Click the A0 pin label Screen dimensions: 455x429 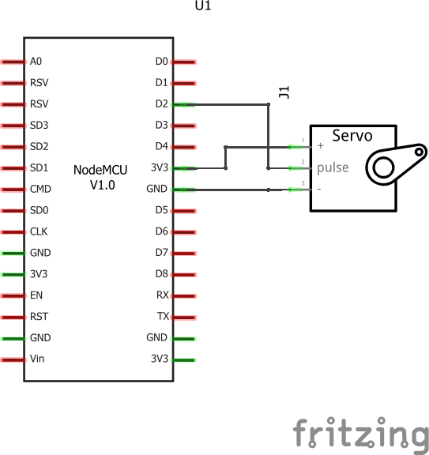tap(36, 61)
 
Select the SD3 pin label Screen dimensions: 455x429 tap(40, 125)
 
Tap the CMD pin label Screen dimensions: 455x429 tap(40, 189)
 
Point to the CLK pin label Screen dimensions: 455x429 tap(39, 231)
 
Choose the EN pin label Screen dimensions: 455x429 tap(36, 295)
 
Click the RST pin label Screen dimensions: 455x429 tap(39, 317)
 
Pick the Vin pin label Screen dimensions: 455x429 tap(38, 359)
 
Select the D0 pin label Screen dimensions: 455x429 tap(161, 61)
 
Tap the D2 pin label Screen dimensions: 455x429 tap(161, 103)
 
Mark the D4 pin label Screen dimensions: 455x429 tap(161, 146)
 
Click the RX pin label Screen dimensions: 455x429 tap(161, 295)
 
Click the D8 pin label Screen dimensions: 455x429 tap(161, 274)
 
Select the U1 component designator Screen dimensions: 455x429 tap(203, 6)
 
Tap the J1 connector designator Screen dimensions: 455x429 tap(284, 92)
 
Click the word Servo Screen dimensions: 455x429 tap(352, 135)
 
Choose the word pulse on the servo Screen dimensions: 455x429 tap(333, 167)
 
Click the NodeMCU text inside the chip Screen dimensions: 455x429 tap(98, 170)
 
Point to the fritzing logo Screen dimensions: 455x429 tap(360, 433)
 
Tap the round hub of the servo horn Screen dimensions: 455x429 tap(384, 167)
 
